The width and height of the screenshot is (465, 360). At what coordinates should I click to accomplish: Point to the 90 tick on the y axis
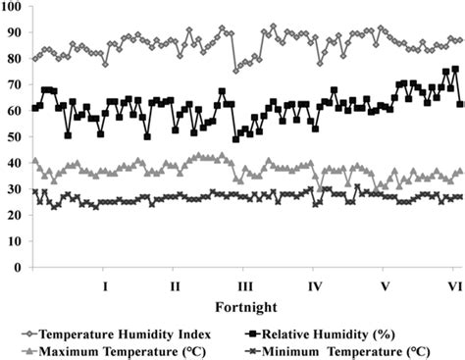pyautogui.click(x=15, y=32)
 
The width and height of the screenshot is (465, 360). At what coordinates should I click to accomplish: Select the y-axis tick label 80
pyautogui.click(x=15, y=59)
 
